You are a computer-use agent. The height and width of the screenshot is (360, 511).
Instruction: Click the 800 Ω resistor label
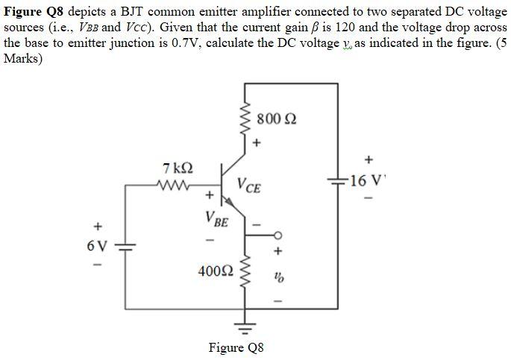coord(276,120)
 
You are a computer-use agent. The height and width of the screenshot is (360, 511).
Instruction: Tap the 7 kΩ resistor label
coord(178,168)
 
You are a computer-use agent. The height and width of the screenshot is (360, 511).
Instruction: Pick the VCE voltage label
coord(249,186)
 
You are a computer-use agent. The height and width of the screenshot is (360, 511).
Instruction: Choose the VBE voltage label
coord(216,220)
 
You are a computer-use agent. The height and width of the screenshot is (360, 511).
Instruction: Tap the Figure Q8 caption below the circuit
coord(236,347)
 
